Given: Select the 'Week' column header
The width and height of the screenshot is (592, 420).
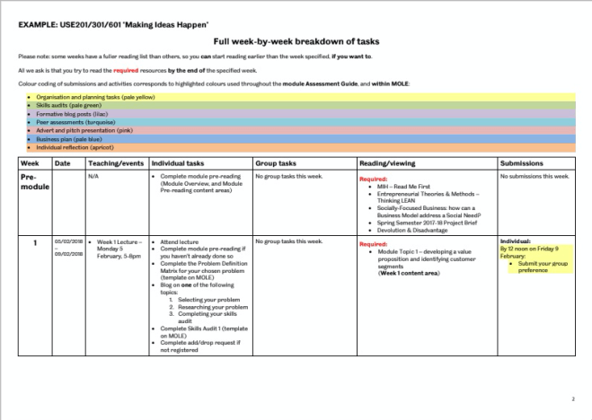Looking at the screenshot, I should (x=30, y=164).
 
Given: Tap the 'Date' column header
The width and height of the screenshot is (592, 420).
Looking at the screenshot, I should (x=62, y=164).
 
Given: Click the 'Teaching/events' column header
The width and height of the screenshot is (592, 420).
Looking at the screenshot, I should (x=115, y=164).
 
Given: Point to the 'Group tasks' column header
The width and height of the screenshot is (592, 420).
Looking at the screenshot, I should (x=277, y=164).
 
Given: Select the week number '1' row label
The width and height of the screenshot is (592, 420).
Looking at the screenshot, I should (x=35, y=242).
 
